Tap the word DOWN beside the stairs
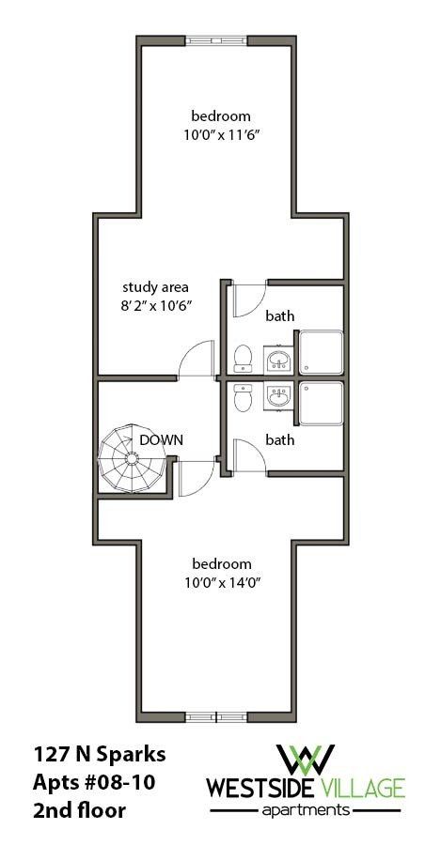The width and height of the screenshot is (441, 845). tap(161, 438)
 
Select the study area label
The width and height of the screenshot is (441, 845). tap(155, 286)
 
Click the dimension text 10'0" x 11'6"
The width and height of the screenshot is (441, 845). tap(221, 134)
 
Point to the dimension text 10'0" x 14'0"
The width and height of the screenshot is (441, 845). tap(222, 582)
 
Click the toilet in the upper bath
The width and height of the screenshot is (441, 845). tap(242, 357)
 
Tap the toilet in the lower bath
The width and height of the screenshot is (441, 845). tap(242, 398)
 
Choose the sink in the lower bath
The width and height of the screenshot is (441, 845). tap(277, 397)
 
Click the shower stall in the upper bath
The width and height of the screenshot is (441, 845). tap(321, 353)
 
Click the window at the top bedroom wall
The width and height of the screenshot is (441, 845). tap(213, 39)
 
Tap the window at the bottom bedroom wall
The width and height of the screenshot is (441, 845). tap(212, 717)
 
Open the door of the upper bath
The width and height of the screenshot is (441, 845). tap(247, 299)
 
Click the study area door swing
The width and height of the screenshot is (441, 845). tap(197, 360)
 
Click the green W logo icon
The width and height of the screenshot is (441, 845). tap(307, 760)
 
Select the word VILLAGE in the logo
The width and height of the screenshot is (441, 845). tap(366, 787)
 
